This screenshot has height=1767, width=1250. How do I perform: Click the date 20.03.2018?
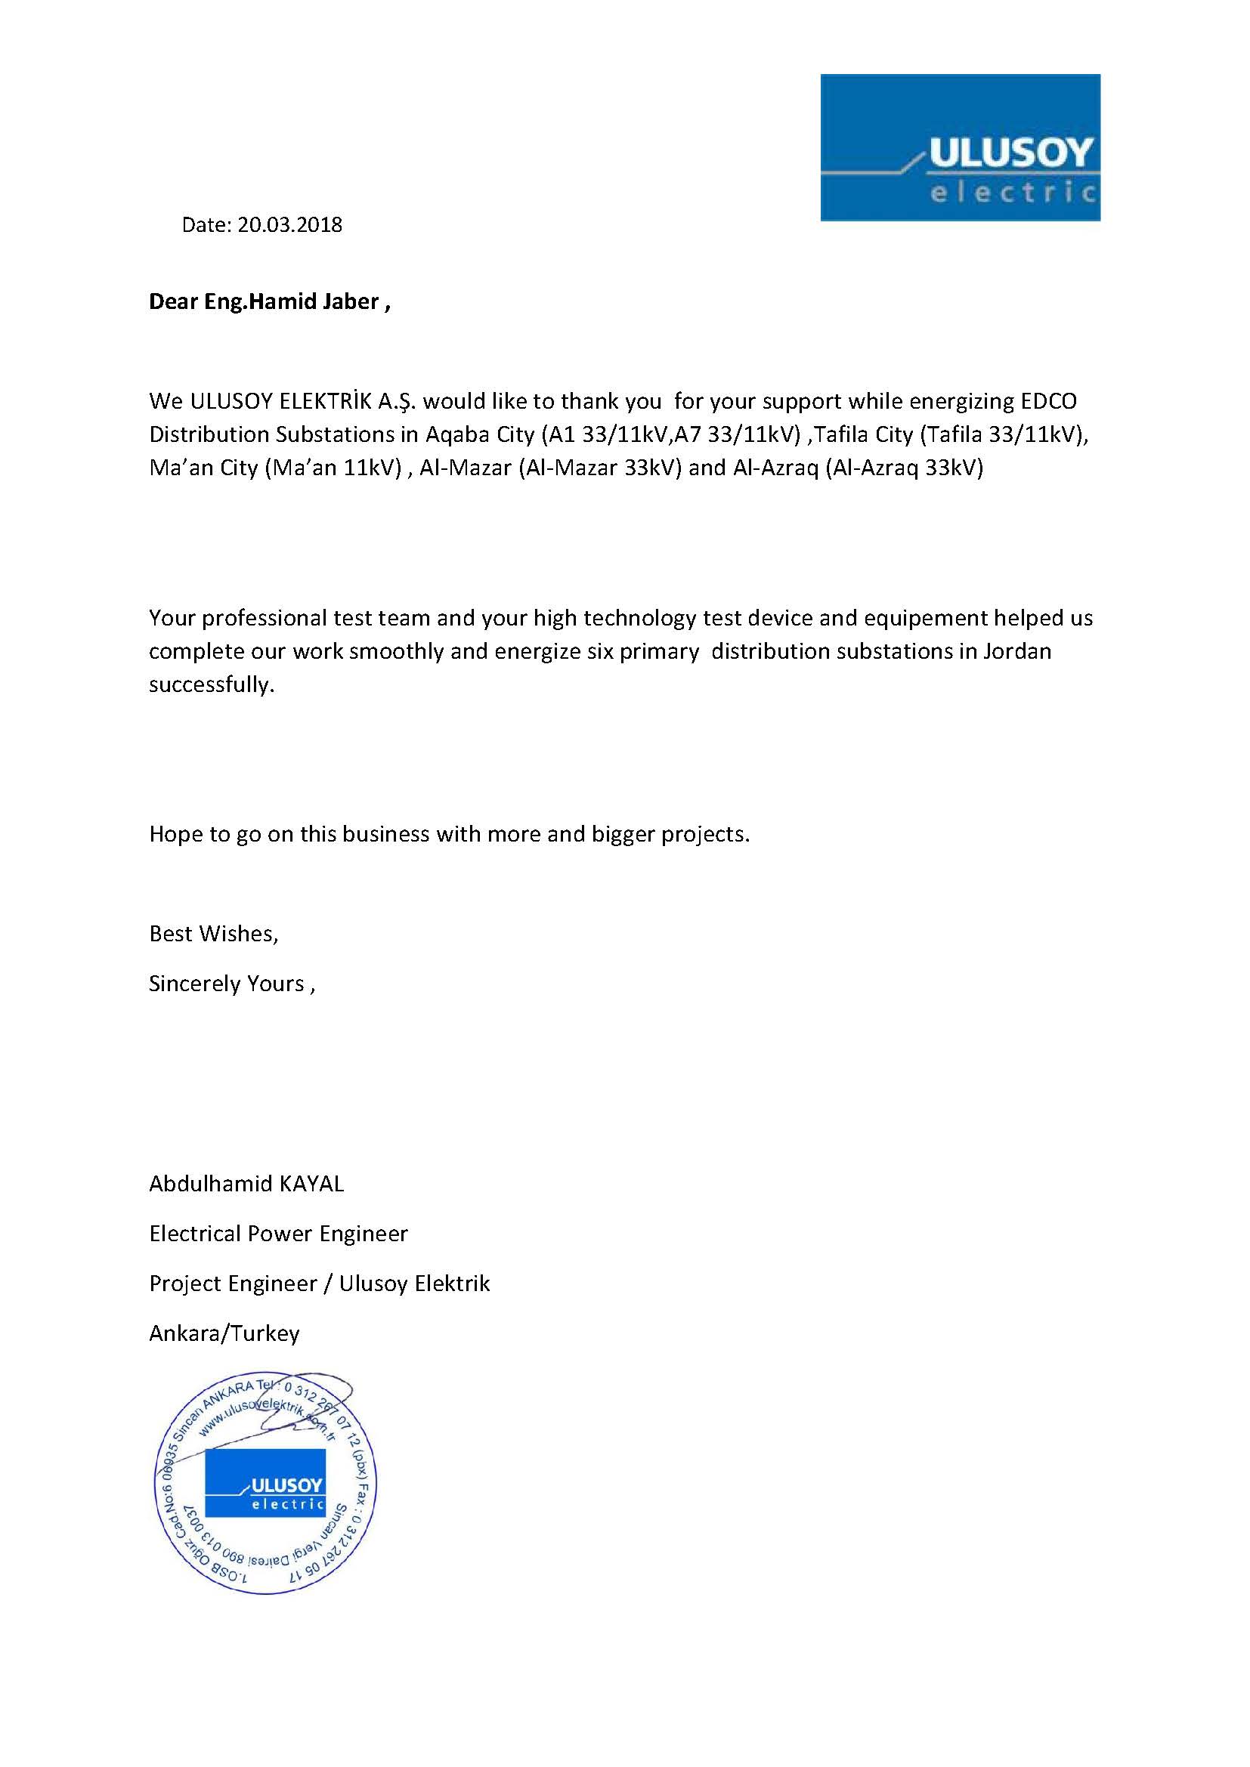coord(289,224)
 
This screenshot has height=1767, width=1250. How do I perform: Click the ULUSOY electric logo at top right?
coord(960,148)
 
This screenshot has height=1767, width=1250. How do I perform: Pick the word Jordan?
coord(1016,652)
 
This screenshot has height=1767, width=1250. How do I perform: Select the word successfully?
coord(211,685)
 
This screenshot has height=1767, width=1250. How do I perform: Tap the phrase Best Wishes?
coord(212,934)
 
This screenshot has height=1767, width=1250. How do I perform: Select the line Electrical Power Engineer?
coord(279,1234)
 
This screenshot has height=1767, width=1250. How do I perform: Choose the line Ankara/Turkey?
coord(224,1333)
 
